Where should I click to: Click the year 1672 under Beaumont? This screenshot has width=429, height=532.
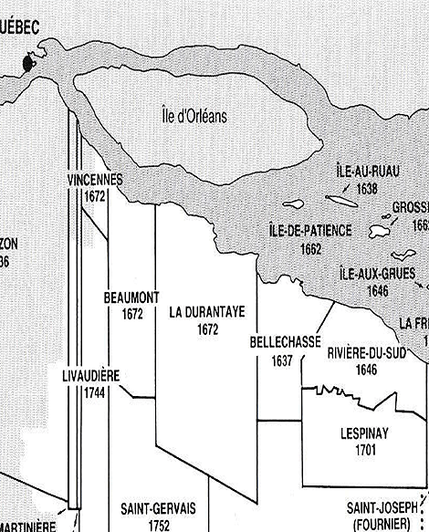tap(132, 314)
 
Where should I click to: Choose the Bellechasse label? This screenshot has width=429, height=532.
tap(284, 342)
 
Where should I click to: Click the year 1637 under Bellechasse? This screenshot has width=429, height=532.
tap(281, 360)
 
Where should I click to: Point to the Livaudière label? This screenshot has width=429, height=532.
tap(91, 376)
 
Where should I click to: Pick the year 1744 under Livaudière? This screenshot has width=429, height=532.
tap(90, 391)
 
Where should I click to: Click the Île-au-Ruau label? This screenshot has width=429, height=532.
tap(368, 174)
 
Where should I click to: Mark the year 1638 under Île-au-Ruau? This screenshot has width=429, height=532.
tap(368, 189)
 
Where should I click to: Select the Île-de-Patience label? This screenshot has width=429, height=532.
tap(310, 231)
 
